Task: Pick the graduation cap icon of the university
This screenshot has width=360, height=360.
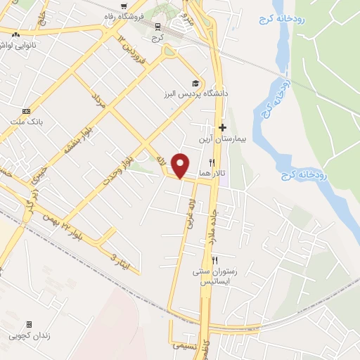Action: tap(193, 83)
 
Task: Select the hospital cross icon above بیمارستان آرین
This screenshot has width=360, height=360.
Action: tap(222, 127)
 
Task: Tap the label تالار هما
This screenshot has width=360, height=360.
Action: tap(210, 172)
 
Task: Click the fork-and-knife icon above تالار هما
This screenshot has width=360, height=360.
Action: tap(202, 162)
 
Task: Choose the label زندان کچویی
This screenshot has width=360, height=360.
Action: tap(29, 335)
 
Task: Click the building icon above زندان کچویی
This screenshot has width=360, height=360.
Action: tap(29, 325)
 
